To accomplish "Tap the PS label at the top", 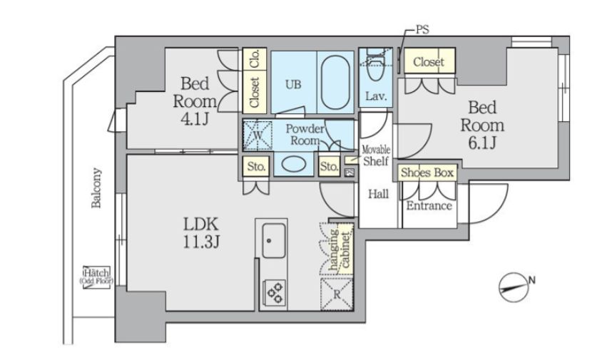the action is [x=422, y=30].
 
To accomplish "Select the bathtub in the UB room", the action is [x=335, y=82].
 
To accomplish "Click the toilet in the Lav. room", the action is [x=374, y=65].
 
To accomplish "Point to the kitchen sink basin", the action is [x=274, y=240].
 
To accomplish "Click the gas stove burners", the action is [x=275, y=293].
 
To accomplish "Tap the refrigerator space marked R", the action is [x=337, y=294].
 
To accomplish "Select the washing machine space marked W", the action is [x=257, y=135].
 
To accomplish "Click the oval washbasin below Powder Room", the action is [x=294, y=164].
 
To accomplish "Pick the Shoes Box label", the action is [x=427, y=173].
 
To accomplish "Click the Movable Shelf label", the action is [x=375, y=155].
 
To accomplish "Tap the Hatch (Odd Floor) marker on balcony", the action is [x=96, y=276].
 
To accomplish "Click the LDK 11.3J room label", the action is [x=201, y=232].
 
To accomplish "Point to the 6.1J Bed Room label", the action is [x=482, y=125].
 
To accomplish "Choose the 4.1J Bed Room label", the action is [x=195, y=101].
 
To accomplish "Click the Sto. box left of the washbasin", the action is [x=256, y=166].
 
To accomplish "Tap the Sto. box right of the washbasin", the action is [x=329, y=166].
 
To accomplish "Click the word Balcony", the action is [x=96, y=187].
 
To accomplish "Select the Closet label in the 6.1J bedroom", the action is [x=429, y=62].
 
